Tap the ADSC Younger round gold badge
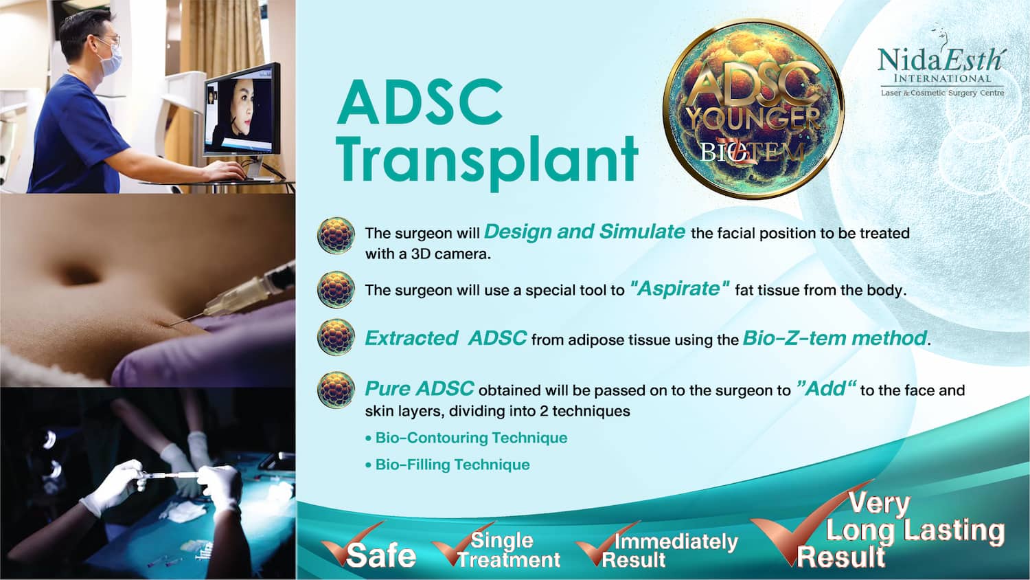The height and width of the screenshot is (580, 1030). pos(753,109)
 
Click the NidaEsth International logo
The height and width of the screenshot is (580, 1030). pos(941,68)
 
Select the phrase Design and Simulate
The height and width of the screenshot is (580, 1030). pos(584,232)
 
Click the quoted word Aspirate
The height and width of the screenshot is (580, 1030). pos(680,289)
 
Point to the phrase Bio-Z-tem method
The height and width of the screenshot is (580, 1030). pos(834,338)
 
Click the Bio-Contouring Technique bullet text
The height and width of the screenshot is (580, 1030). pos(466,438)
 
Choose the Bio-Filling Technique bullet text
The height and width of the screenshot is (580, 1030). pos(448,465)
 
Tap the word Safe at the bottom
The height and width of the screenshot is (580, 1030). pos(381,555)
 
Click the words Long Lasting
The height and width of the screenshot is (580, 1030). pos(915,531)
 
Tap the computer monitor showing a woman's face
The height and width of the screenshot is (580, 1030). pos(242,113)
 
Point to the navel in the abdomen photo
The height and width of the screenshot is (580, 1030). pos(80,275)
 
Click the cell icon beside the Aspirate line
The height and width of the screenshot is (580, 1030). pos(336,289)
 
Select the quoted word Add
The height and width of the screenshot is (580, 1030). pos(825,389)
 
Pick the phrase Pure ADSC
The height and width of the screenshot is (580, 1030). pos(420,388)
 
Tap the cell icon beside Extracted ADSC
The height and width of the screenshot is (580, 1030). pos(336,337)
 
